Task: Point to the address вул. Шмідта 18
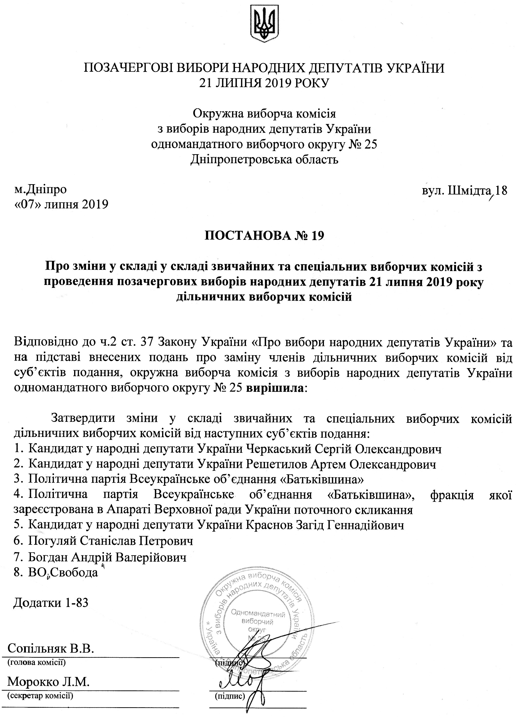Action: tap(464, 191)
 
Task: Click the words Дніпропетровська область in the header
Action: tap(264, 160)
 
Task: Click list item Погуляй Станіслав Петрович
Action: tap(110, 541)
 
